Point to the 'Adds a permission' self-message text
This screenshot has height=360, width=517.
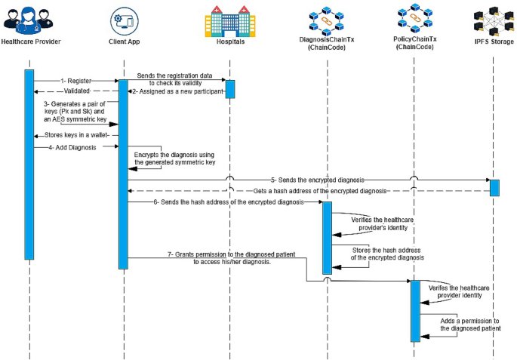(x=469, y=325)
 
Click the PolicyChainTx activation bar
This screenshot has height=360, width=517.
(x=414, y=310)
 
